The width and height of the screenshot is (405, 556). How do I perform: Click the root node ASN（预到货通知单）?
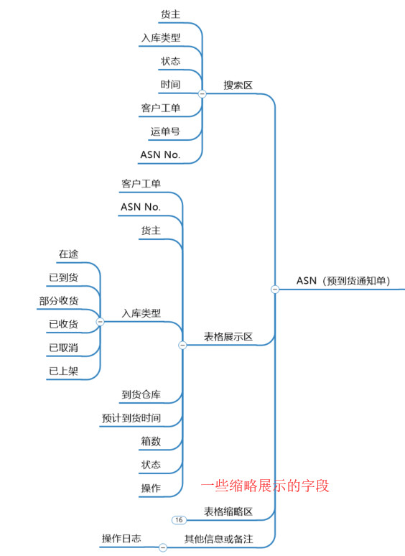pyautogui.click(x=343, y=281)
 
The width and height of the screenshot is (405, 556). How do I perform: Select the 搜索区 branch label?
pyautogui.click(x=238, y=85)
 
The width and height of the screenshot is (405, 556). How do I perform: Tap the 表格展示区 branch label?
pyautogui.click(x=228, y=336)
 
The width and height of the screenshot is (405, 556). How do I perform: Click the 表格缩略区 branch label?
pyautogui.click(x=228, y=511)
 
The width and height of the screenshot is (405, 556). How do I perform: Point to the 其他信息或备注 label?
pyautogui.click(x=218, y=539)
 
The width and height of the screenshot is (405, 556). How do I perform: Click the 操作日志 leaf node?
pyautogui.click(x=121, y=538)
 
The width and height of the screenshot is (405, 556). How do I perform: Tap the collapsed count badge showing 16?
pyautogui.click(x=179, y=520)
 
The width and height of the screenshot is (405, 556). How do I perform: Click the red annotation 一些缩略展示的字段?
pyautogui.click(x=265, y=486)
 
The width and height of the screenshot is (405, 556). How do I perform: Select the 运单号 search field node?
pyautogui.click(x=165, y=131)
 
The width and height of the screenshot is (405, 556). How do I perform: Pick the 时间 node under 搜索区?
pyautogui.click(x=170, y=84)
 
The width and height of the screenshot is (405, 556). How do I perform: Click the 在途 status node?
pyautogui.click(x=68, y=254)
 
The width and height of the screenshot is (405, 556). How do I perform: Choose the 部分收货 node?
pyautogui.click(x=58, y=301)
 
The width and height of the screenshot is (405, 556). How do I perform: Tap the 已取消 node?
pyautogui.click(x=63, y=348)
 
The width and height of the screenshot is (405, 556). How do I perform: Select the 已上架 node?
pyautogui.click(x=63, y=371)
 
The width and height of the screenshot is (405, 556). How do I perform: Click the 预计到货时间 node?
pyautogui.click(x=131, y=417)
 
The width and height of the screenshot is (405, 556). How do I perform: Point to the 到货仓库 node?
pyautogui.click(x=141, y=394)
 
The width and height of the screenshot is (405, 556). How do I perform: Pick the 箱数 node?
pyautogui.click(x=151, y=441)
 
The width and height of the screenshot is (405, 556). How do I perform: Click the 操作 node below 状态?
pyautogui.click(x=151, y=488)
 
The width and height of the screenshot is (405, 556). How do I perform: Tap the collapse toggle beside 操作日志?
pyautogui.click(x=162, y=547)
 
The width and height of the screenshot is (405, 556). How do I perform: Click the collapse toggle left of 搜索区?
pyautogui.click(x=202, y=93)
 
